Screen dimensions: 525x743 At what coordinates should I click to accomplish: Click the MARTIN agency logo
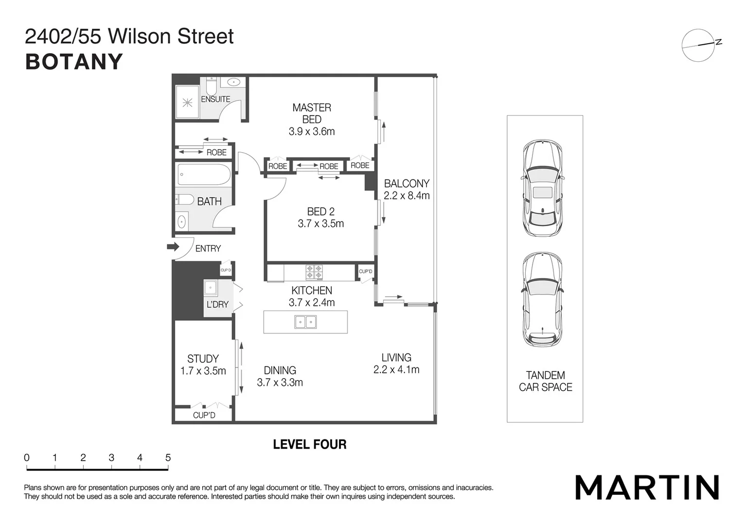point(647,488)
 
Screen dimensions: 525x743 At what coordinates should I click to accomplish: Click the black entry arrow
point(173,247)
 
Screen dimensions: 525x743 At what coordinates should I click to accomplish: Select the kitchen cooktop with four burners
point(314,272)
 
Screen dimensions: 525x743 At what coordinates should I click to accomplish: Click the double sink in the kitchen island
point(305,322)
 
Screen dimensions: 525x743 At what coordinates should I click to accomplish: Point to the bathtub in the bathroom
point(204,175)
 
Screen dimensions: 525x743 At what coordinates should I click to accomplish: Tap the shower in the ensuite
point(187,103)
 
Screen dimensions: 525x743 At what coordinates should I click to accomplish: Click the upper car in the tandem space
point(543,188)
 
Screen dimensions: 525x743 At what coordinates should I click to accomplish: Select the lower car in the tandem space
point(543,299)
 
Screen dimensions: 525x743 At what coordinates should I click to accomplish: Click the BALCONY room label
point(407,184)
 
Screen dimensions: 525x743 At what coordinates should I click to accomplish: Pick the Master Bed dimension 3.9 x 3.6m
point(312,132)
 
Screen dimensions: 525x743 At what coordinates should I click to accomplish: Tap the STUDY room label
point(203,359)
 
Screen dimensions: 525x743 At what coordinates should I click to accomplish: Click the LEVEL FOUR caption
point(310,444)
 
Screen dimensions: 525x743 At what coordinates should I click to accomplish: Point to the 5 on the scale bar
point(168,458)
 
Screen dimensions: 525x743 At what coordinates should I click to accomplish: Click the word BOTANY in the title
point(74,62)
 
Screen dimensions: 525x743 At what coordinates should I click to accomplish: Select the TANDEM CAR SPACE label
point(545,382)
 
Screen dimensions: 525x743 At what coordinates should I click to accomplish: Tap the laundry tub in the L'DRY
point(210,288)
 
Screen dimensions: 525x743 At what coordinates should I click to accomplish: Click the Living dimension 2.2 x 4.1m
point(396,370)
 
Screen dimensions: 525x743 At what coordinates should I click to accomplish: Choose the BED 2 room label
point(320,212)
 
